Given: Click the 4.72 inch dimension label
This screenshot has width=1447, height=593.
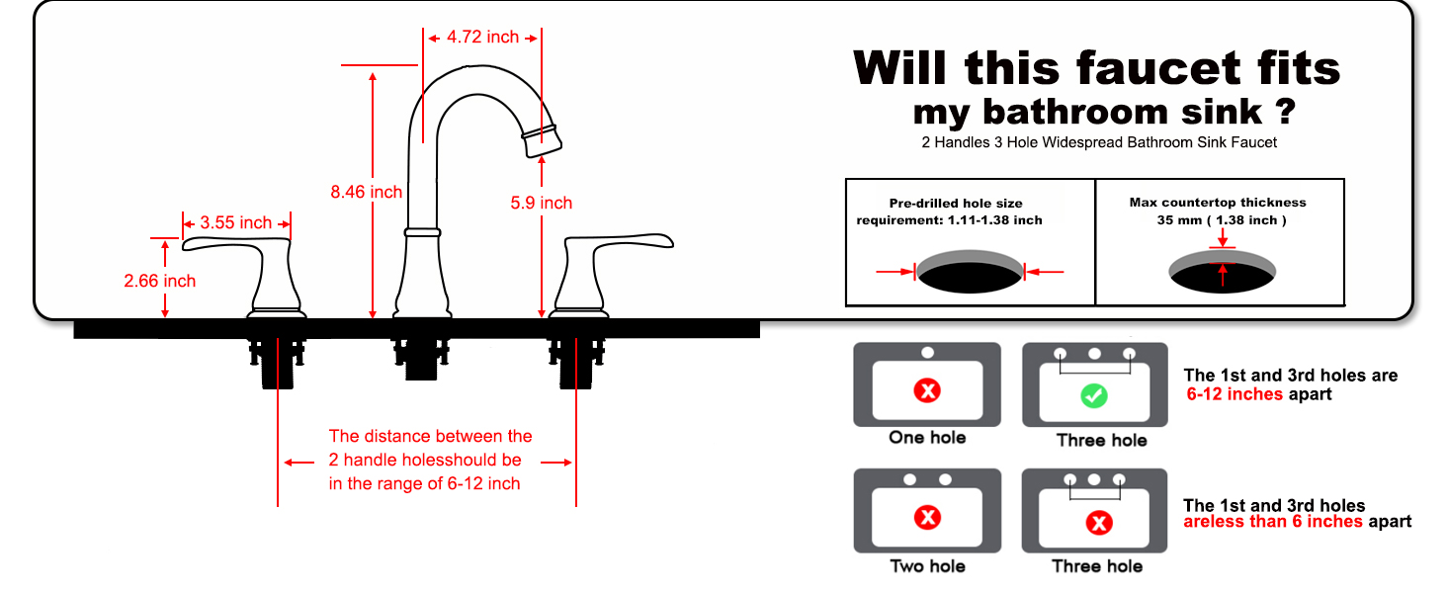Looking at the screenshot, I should point(482,38).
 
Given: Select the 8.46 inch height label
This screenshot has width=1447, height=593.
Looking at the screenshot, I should point(366,192).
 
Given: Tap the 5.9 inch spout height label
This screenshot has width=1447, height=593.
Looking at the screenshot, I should point(541,204).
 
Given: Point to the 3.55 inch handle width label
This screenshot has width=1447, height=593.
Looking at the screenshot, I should point(235,223).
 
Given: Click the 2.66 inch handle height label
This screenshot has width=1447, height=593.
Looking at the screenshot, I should point(159,282).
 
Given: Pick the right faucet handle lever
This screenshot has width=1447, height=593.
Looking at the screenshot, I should point(619,244).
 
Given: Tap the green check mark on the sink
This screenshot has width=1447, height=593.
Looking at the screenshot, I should point(1093,396).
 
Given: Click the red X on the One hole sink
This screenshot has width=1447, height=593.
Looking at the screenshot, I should point(927,391).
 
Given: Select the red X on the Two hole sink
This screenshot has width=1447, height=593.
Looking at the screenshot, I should point(927,517).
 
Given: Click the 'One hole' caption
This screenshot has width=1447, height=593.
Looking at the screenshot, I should point(927,438).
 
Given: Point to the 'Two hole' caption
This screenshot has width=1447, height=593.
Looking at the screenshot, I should point(927,566).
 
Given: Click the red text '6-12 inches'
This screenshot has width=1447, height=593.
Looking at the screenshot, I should point(1234,394).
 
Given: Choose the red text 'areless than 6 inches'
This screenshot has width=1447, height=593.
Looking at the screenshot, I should point(1273,522).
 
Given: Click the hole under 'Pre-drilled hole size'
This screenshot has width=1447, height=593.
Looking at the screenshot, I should point(970,273).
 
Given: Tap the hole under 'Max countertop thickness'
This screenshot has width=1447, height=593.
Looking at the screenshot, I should point(1223,272).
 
